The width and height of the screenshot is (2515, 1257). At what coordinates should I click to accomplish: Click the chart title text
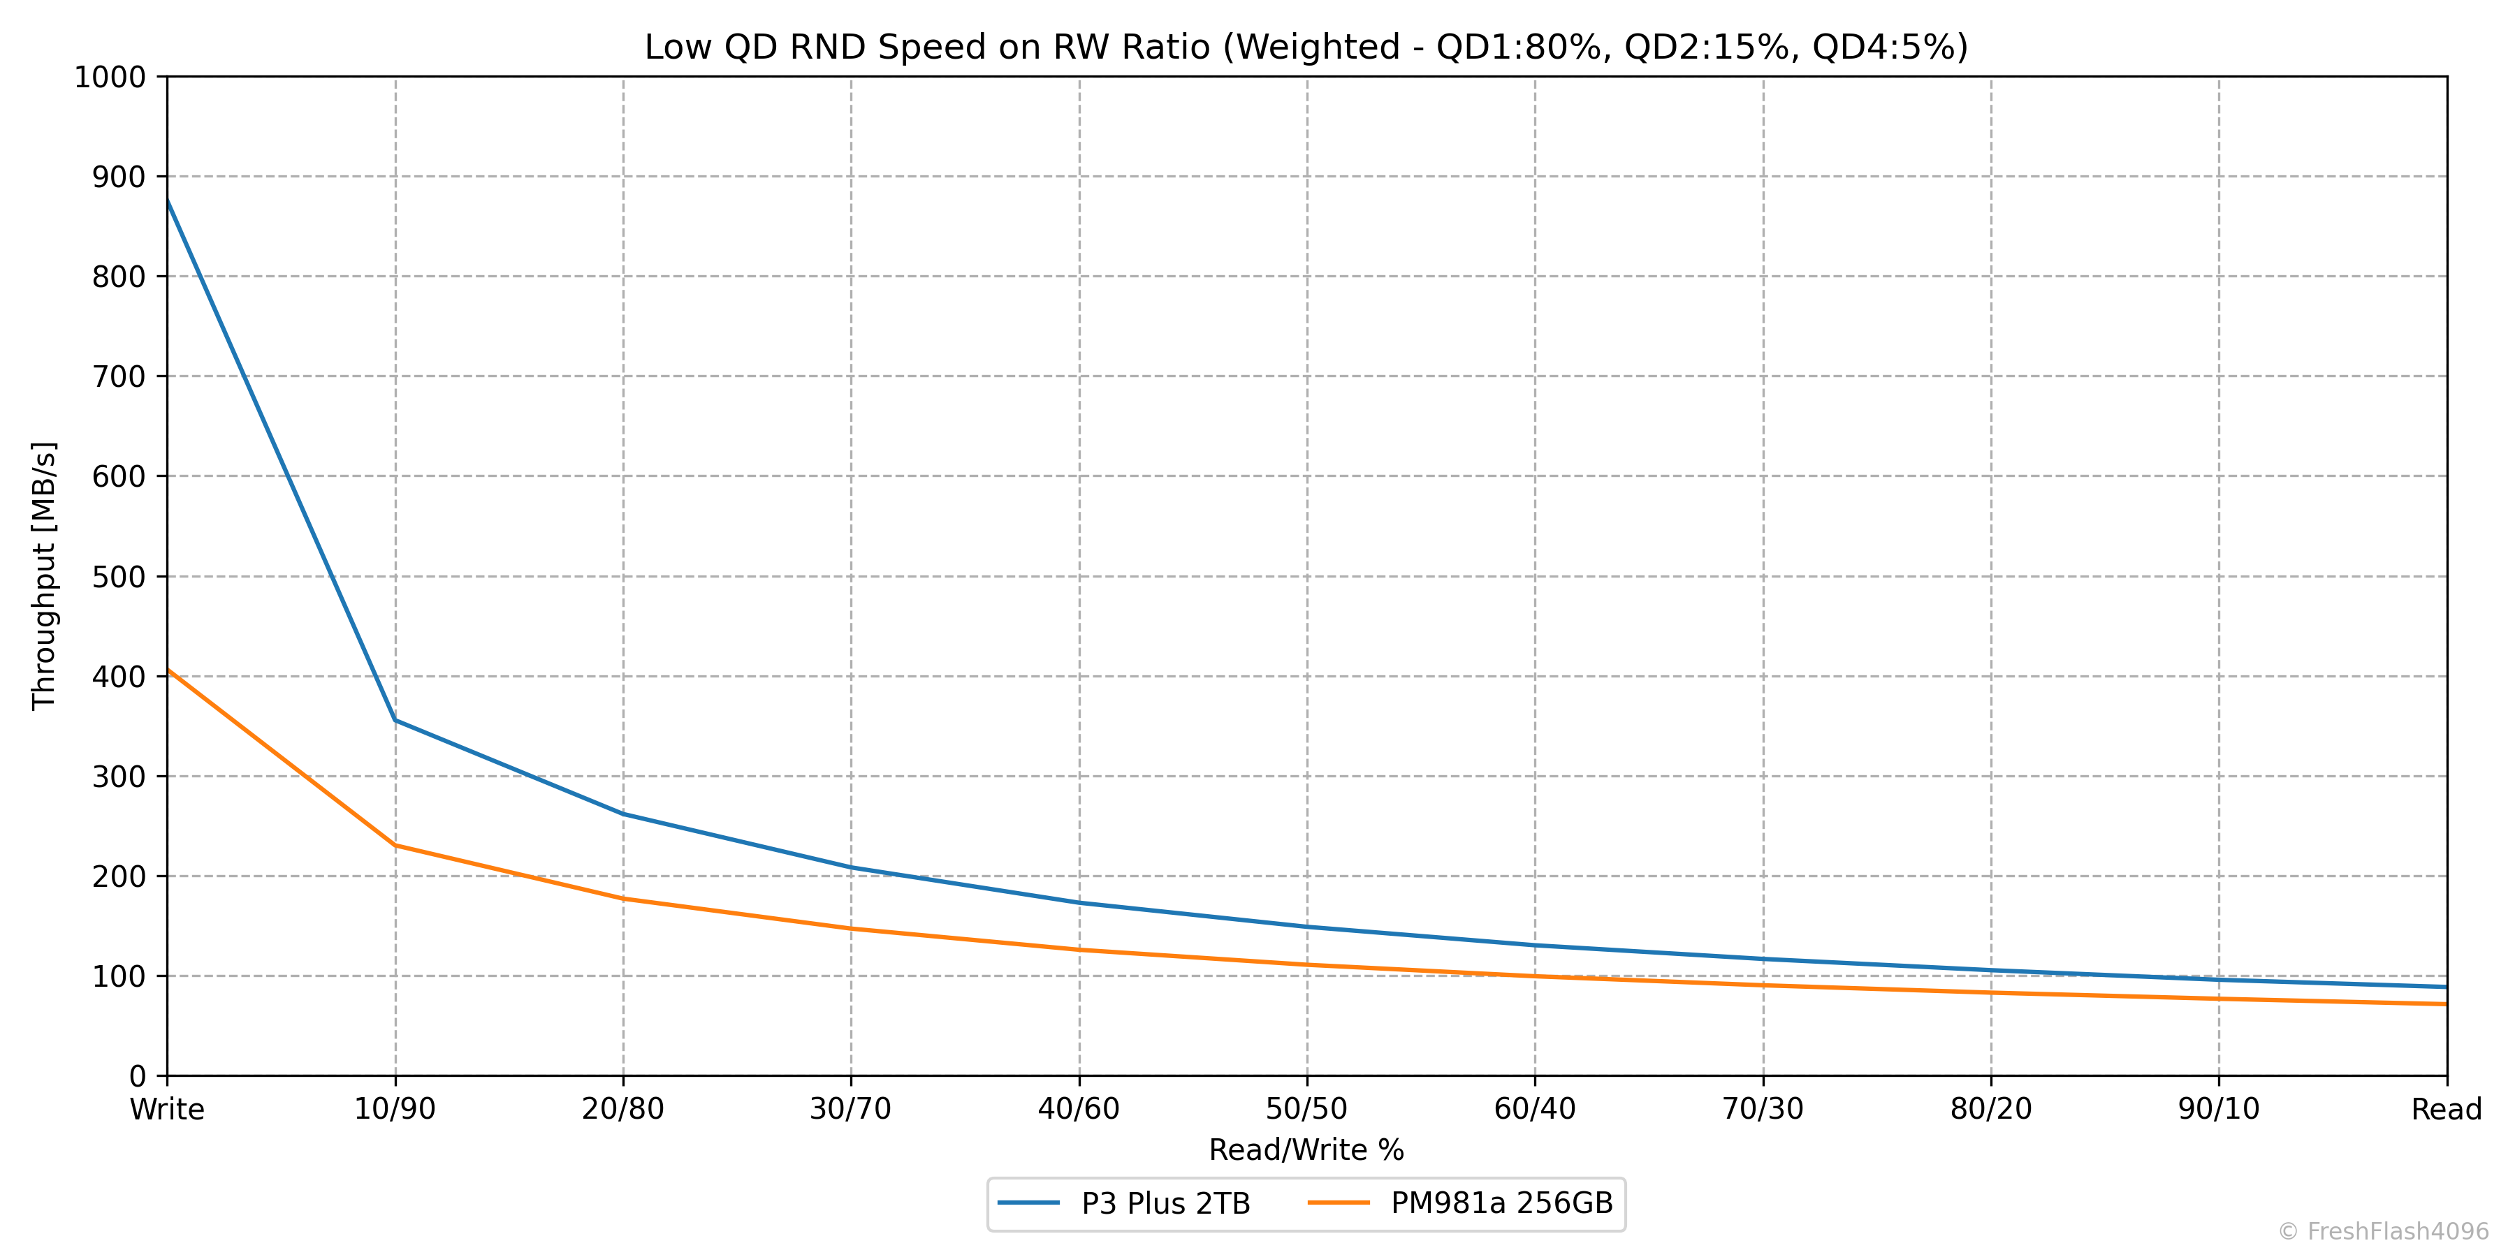[x=1305, y=47]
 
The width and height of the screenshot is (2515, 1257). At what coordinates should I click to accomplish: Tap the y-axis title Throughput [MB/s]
[x=45, y=576]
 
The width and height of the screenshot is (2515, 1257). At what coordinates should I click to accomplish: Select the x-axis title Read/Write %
[x=1306, y=1149]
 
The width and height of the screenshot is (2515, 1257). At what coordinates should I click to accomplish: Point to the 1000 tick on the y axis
[x=110, y=77]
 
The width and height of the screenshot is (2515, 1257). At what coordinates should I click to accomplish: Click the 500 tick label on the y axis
[x=118, y=577]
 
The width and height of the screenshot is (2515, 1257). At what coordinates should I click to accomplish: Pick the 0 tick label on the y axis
[x=137, y=1076]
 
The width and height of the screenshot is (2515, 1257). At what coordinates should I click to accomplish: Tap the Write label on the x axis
[x=167, y=1110]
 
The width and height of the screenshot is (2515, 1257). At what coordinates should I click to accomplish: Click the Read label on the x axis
[x=2446, y=1110]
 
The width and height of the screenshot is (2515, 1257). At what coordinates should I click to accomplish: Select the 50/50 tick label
[x=1306, y=1110]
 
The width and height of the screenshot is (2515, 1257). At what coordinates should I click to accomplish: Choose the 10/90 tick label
[x=395, y=1110]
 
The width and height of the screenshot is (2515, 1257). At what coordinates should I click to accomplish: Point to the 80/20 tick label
[x=1991, y=1110]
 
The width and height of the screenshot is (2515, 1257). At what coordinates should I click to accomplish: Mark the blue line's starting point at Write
[x=168, y=200]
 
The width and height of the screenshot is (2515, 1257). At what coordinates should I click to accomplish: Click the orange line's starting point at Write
[x=168, y=670]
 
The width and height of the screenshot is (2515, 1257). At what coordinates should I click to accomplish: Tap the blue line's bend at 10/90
[x=395, y=720]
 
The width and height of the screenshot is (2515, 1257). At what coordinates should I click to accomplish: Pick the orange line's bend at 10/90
[x=395, y=845]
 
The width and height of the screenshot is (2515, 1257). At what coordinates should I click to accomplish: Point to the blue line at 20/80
[x=624, y=814]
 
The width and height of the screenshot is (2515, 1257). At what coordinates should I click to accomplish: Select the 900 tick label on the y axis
[x=118, y=177]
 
